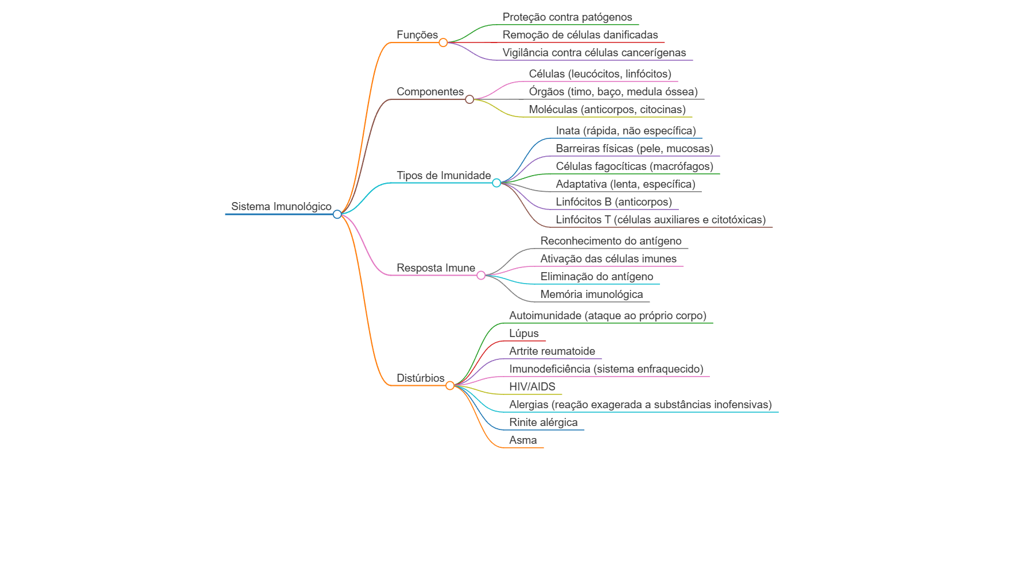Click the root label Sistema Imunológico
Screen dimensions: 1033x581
point(281,207)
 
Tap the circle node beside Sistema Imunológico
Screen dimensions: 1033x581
point(337,214)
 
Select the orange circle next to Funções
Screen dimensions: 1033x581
point(443,42)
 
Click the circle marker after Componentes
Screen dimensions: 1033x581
point(469,99)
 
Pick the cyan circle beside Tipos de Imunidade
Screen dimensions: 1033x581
point(496,183)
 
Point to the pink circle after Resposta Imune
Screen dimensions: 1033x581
point(481,276)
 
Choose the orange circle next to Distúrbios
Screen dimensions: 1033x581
point(450,386)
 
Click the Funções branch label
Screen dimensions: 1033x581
point(417,35)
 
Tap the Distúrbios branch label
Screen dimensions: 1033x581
point(421,378)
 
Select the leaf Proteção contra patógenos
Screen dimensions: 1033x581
point(567,17)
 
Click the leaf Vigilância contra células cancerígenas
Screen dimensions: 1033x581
point(594,53)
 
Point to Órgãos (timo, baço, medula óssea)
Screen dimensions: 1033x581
point(613,92)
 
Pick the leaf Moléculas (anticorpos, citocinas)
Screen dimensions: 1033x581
point(607,110)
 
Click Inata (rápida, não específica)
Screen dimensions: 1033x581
point(626,131)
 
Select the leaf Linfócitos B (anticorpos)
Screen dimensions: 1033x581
point(614,202)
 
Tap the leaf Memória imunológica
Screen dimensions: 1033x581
point(592,295)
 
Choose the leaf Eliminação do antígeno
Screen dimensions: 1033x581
point(597,277)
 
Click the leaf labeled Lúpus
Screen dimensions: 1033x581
point(524,334)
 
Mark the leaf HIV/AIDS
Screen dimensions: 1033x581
point(533,387)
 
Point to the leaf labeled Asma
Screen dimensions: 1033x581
point(523,440)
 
